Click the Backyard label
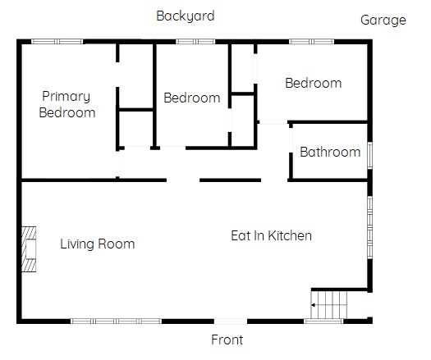(186, 16)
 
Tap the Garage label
(383, 20)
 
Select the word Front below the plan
(227, 339)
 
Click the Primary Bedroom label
(66, 104)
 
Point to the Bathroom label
(330, 152)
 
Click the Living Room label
(98, 244)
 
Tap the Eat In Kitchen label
(271, 235)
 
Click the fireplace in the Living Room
(29, 249)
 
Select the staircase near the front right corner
(329, 305)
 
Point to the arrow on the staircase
(328, 305)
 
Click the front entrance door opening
(231, 321)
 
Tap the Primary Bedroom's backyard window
(57, 42)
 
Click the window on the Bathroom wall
(370, 156)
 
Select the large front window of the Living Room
(116, 321)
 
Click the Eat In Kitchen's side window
(370, 227)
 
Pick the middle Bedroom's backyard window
(195, 42)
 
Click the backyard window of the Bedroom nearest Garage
(311, 42)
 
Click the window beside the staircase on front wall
(323, 321)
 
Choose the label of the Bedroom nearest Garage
(314, 83)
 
